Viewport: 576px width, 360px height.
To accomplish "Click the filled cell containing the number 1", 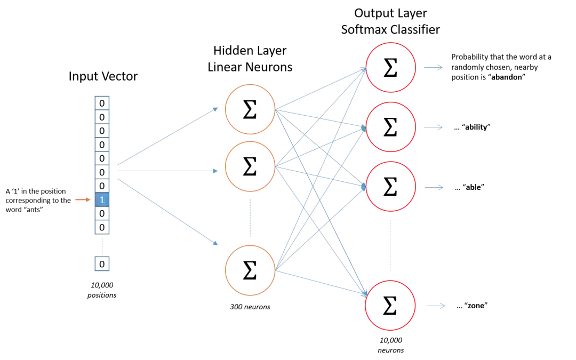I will (x=102, y=199).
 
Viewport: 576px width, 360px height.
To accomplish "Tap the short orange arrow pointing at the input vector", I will (x=83, y=199).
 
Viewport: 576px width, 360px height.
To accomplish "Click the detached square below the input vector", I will (x=102, y=264).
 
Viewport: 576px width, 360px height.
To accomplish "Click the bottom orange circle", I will (x=250, y=270).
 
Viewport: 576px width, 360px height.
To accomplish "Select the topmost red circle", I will (x=390, y=67).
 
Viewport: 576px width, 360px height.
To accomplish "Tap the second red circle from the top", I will (x=390, y=127).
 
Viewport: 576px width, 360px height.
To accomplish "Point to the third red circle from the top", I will (x=390, y=187).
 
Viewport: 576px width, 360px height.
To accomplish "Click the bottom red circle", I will (x=390, y=305).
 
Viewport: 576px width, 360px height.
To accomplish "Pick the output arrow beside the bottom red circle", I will (x=435, y=305).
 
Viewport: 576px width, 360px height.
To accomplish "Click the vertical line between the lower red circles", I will (x=390, y=245).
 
